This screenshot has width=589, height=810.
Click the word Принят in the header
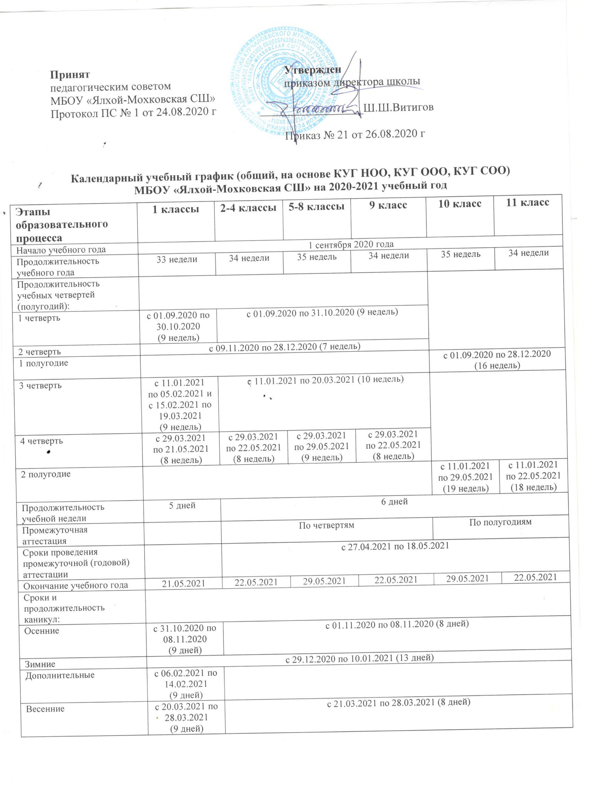[x=70, y=74]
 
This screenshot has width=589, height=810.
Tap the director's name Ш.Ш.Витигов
[x=398, y=107]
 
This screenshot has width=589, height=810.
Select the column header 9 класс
[x=388, y=206]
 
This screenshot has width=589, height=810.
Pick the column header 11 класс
[x=528, y=202]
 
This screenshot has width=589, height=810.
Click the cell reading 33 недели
[x=177, y=259]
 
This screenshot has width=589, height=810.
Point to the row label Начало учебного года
[x=61, y=250]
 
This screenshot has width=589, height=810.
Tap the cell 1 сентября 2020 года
[x=351, y=244]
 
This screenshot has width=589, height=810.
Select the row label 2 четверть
[x=39, y=351]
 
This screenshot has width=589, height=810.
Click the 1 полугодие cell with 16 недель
[x=497, y=360]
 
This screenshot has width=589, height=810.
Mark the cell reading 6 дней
[x=395, y=502]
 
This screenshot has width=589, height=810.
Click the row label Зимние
[x=39, y=664]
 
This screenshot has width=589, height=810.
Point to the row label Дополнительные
[x=60, y=675]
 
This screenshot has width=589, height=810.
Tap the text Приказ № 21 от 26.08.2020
[x=355, y=134]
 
